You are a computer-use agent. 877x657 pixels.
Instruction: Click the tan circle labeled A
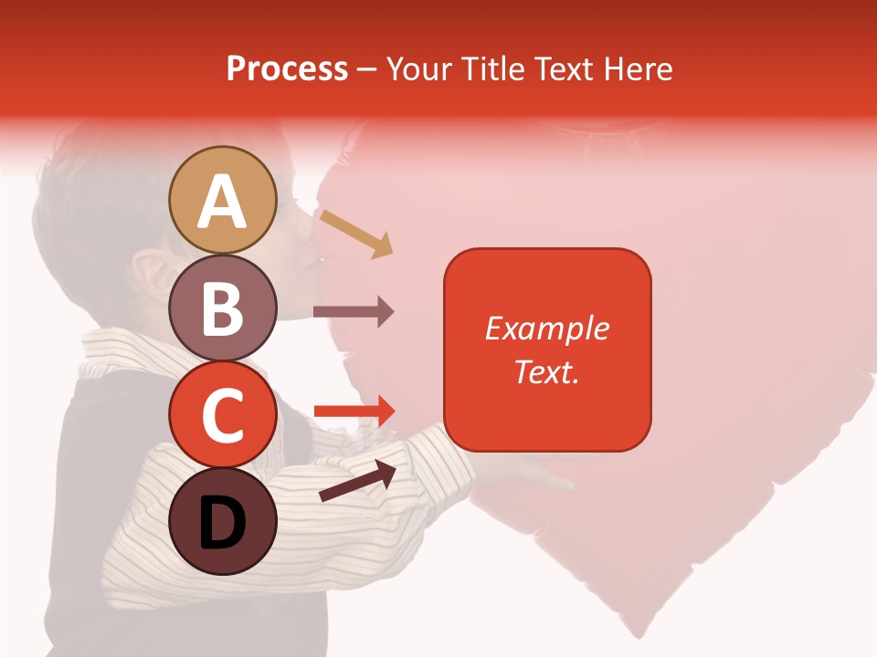pos(223,200)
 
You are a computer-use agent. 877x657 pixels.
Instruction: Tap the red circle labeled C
pos(223,414)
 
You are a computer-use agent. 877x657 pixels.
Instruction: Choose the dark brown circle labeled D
pos(223,521)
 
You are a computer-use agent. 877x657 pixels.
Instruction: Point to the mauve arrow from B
pos(354,312)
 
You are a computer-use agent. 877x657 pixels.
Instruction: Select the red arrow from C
pos(354,412)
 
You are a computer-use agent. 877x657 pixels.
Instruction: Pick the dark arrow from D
pos(357,481)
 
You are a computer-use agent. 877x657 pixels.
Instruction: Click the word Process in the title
pos(287,68)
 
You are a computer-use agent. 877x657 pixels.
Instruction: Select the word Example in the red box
pos(547,328)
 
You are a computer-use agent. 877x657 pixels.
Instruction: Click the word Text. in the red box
pos(547,371)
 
